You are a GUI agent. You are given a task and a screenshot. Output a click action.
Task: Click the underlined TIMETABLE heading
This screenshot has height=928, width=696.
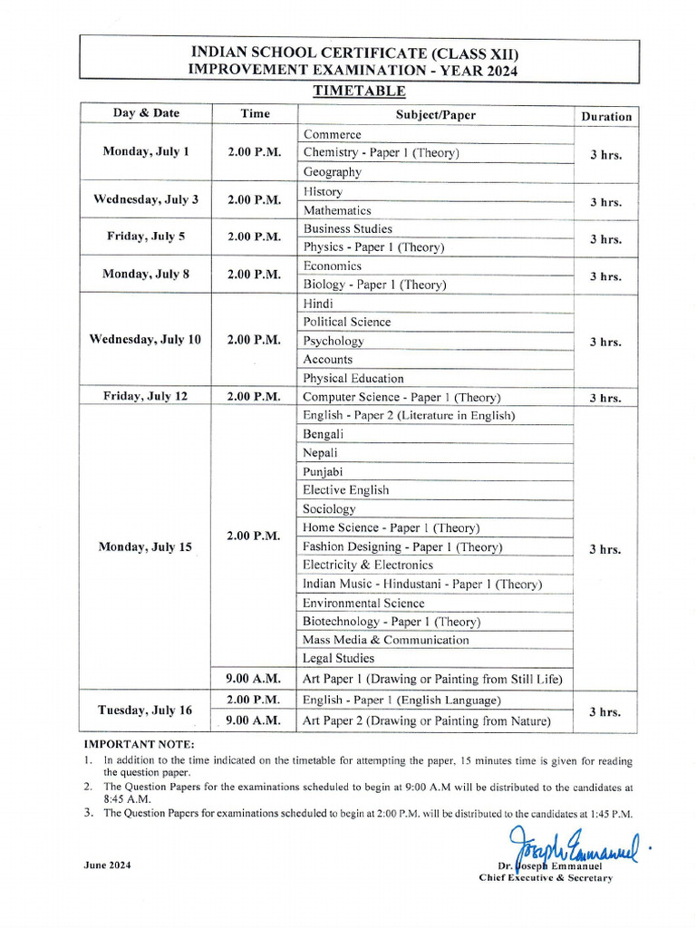click(x=359, y=91)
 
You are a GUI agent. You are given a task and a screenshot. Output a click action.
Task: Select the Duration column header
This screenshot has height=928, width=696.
click(x=606, y=116)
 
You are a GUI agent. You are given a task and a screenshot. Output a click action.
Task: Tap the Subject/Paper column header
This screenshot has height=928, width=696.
click(x=435, y=115)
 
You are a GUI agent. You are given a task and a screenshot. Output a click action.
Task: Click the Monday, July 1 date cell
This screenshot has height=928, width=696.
click(x=146, y=152)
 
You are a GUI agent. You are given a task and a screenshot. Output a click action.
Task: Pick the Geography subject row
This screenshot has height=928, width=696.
click(x=333, y=172)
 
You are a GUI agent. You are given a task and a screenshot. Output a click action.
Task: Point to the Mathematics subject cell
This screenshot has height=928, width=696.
click(x=337, y=210)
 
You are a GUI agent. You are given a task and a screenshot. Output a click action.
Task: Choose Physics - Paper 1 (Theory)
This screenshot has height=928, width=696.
click(x=374, y=247)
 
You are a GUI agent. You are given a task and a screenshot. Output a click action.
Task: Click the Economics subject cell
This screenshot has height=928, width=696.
click(x=333, y=266)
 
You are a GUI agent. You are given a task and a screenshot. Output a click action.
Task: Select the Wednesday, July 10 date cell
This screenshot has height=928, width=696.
click(x=146, y=340)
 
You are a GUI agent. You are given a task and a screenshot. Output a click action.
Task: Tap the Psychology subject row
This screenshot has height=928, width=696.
click(x=333, y=342)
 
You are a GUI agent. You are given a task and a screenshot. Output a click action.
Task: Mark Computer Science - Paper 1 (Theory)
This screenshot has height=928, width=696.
click(x=401, y=397)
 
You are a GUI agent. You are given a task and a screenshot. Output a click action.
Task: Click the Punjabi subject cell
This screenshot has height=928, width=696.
click(x=324, y=472)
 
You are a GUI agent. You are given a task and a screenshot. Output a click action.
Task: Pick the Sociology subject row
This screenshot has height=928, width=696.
click(x=329, y=509)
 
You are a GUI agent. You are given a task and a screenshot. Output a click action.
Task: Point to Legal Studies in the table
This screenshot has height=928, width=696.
click(x=338, y=659)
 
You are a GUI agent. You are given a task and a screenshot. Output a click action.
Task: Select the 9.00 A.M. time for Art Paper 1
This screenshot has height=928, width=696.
click(x=254, y=678)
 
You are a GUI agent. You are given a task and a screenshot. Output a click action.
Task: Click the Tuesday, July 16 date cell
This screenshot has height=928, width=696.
click(x=146, y=710)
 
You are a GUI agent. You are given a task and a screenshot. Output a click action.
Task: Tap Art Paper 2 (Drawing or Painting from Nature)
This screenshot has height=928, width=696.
click(x=427, y=721)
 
